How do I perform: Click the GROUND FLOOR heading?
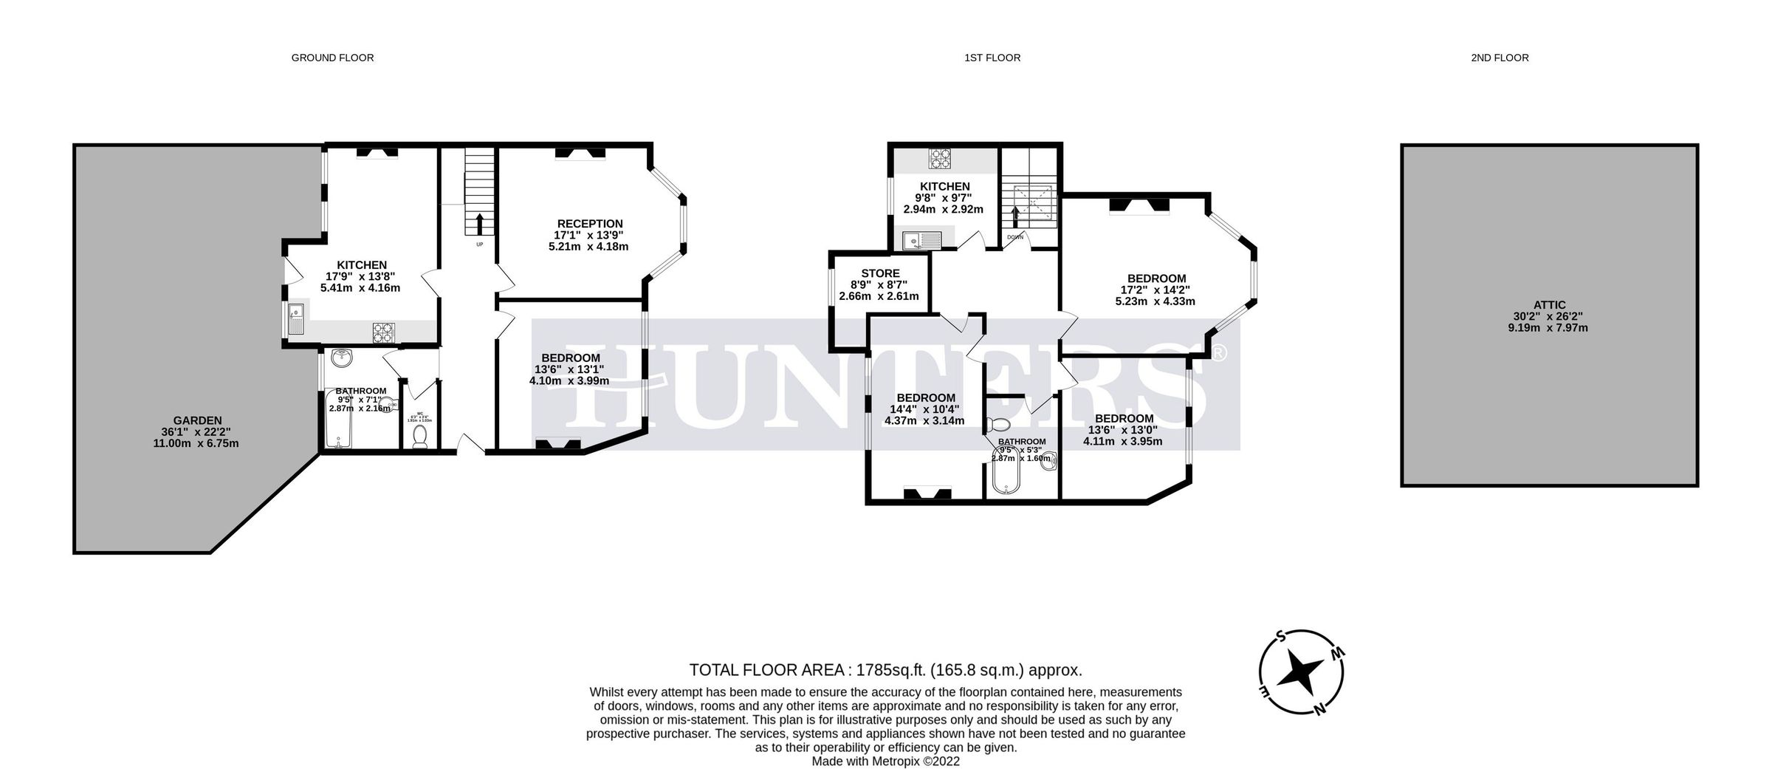[332, 58]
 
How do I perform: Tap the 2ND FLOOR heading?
[1500, 58]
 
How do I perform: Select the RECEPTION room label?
[589, 224]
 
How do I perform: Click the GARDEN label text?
[197, 420]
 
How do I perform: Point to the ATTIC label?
[1549, 304]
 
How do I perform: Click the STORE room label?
[880, 273]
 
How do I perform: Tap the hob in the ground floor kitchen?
[382, 332]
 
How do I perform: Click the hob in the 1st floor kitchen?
[940, 159]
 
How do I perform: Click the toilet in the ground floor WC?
[420, 436]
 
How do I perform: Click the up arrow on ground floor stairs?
[480, 222]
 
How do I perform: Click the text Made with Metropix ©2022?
[885, 761]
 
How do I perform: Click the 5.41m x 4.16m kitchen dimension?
[360, 287]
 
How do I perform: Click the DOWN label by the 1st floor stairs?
[1015, 237]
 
